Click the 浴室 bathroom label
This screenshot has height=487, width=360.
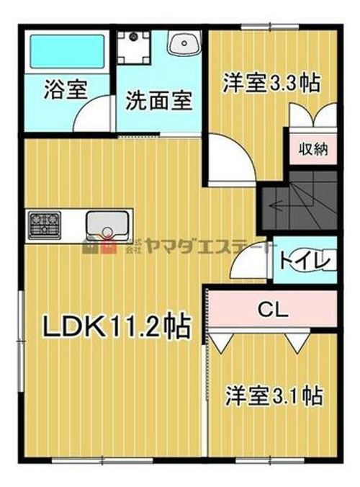click(x=66, y=90)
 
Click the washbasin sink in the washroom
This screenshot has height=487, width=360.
click(x=184, y=45)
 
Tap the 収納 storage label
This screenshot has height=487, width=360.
click(x=314, y=150)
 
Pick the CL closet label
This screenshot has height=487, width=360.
click(x=273, y=310)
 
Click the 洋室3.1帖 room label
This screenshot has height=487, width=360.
click(x=274, y=396)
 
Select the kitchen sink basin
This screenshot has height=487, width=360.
click(x=108, y=225)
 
